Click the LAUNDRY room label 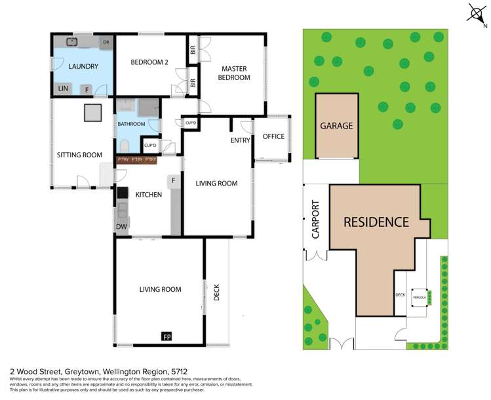pyautogui.click(x=83, y=66)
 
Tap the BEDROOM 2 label pyautogui.click(x=149, y=62)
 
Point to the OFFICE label pyautogui.click(x=273, y=136)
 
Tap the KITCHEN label pyautogui.click(x=148, y=194)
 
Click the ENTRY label pyautogui.click(x=240, y=140)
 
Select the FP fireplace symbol pyautogui.click(x=167, y=336)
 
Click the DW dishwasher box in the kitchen pyautogui.click(x=121, y=227)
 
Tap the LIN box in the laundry pyautogui.click(x=63, y=89)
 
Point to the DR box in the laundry pyautogui.click(x=106, y=43)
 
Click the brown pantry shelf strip pyautogui.click(x=137, y=159)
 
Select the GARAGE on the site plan pyautogui.click(x=336, y=126)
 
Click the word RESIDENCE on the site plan pyautogui.click(x=376, y=222)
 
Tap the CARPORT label pyautogui.click(x=315, y=220)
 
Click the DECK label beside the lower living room pyautogui.click(x=217, y=291)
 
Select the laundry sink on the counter pyautogui.click(x=73, y=42)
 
